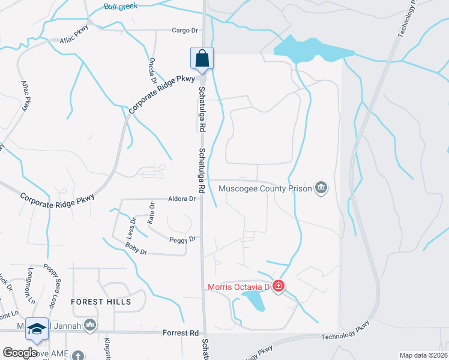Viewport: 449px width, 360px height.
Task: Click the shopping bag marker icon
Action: [202, 58]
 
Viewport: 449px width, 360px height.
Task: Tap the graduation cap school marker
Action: [37, 328]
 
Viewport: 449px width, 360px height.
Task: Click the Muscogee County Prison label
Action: [265, 188]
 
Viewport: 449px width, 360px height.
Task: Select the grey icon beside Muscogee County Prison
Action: [322, 188]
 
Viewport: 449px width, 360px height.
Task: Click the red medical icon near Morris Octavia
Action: [278, 286]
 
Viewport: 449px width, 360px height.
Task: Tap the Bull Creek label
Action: [120, 7]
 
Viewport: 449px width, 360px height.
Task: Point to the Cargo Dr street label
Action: [184, 30]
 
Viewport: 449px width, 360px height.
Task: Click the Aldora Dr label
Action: [183, 199]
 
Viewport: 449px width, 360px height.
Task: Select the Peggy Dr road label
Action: [184, 239]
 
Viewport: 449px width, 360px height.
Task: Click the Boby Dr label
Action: [136, 248]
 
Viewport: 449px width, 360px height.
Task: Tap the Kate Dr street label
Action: [151, 213]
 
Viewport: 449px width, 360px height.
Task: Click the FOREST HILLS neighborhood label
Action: [100, 302]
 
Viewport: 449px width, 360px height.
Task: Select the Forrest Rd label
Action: [181, 332]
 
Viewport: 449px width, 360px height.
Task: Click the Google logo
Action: [20, 353]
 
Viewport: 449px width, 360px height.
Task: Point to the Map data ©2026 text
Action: [423, 355]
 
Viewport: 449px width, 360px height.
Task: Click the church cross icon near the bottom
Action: [78, 356]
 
